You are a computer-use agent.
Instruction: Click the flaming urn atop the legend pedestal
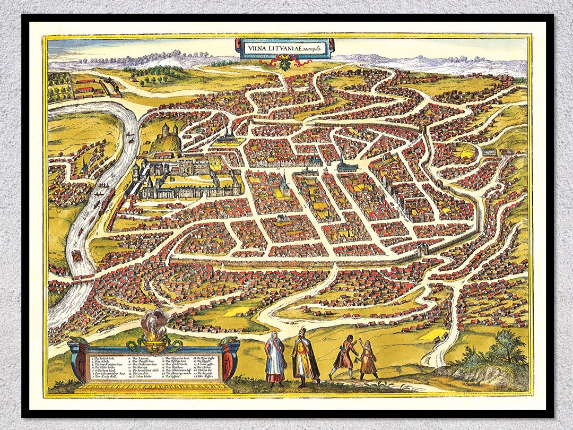(154, 334)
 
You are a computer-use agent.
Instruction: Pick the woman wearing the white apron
(275, 357)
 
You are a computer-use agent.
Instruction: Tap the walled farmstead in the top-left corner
(90, 87)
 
